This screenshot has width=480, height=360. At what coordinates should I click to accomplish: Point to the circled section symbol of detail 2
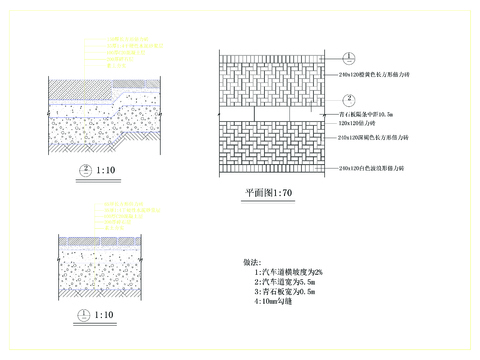pos(86,169)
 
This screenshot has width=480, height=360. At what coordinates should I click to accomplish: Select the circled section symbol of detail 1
pos(84,314)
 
